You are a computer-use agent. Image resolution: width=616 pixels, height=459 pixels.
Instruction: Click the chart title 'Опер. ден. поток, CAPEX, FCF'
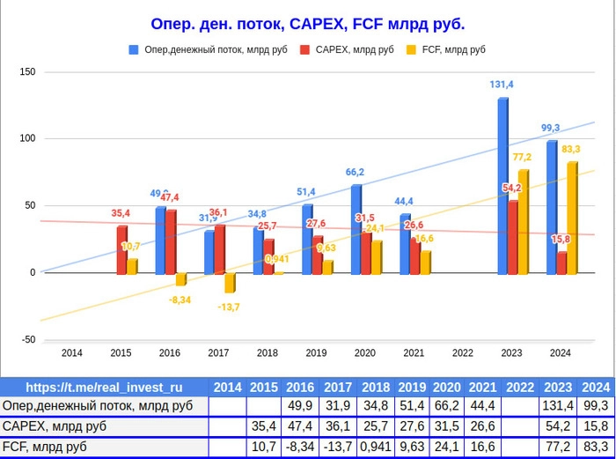(x=307, y=24)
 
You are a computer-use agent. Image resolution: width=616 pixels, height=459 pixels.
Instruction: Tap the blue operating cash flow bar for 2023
(x=502, y=185)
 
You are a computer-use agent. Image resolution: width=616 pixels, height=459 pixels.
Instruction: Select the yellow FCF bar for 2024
(x=571, y=218)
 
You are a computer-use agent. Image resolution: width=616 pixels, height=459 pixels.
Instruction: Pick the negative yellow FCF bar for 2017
(x=230, y=282)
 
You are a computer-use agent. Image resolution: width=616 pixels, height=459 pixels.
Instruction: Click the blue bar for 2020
(x=356, y=229)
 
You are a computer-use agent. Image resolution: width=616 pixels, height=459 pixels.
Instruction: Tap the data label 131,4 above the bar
(x=502, y=85)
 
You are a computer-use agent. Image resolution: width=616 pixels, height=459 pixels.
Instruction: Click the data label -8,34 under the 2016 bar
(x=180, y=300)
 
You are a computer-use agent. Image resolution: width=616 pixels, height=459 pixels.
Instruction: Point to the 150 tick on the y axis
(x=27, y=71)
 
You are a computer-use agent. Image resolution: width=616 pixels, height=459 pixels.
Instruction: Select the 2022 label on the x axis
(x=462, y=353)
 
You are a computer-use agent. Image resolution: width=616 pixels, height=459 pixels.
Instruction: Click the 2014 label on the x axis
(x=71, y=353)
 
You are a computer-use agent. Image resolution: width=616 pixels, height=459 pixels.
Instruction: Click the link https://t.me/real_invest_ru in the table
(x=104, y=387)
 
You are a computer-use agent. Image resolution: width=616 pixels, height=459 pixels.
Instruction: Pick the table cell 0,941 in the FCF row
(x=375, y=448)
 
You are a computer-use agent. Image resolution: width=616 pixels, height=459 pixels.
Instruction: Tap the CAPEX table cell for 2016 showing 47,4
(x=300, y=427)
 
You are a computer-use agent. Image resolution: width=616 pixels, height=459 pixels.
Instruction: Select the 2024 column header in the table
(x=596, y=387)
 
